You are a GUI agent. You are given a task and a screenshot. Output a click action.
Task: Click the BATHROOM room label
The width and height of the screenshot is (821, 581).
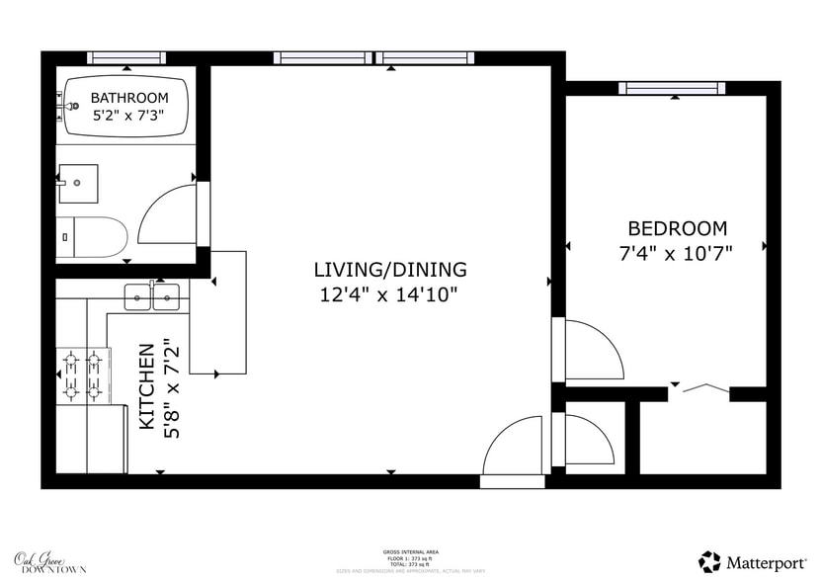click(x=129, y=98)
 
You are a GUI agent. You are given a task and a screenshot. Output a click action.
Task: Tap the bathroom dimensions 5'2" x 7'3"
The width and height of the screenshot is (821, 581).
click(x=129, y=116)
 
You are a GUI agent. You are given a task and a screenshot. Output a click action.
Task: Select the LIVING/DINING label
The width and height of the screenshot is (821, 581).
click(x=390, y=269)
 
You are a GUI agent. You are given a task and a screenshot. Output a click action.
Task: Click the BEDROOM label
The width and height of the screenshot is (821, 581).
click(x=677, y=228)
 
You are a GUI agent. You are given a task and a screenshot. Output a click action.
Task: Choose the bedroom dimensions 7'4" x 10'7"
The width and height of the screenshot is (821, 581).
click(x=677, y=253)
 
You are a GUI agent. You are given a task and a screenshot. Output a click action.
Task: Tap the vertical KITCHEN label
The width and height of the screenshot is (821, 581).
click(x=146, y=386)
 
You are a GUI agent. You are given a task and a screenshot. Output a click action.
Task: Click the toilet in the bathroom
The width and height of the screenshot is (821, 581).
click(x=91, y=237)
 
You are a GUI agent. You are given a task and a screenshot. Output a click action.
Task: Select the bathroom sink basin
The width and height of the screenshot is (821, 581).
click(x=77, y=183)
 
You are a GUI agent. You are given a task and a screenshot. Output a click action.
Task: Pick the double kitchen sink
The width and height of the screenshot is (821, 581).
click(x=152, y=295)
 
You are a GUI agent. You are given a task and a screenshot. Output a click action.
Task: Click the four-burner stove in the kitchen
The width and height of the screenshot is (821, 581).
click(x=82, y=375)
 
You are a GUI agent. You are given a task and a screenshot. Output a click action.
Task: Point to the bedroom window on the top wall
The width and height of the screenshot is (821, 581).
click(x=672, y=88)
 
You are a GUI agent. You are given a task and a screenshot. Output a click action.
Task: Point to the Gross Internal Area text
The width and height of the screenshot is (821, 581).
click(x=410, y=551)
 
